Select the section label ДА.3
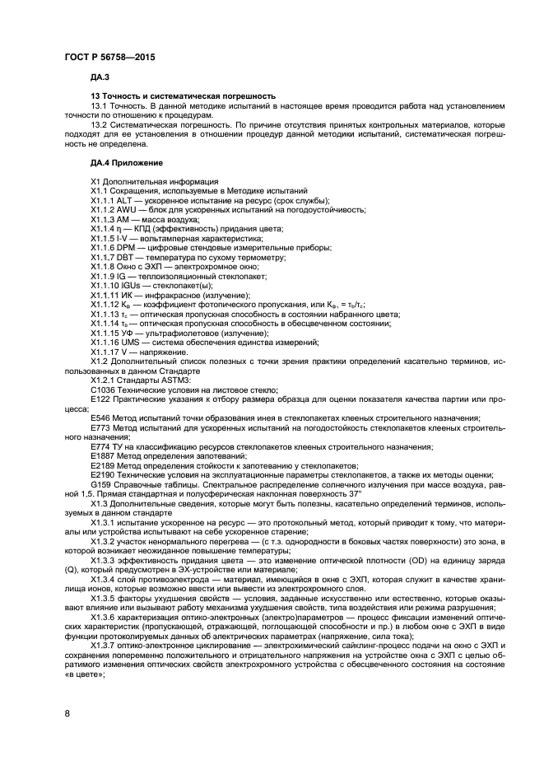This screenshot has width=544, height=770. (100, 77)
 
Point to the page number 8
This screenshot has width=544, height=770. (67, 713)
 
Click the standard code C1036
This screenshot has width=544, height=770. (103, 390)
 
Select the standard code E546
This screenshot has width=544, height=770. (100, 418)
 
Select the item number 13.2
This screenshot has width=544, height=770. (100, 126)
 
